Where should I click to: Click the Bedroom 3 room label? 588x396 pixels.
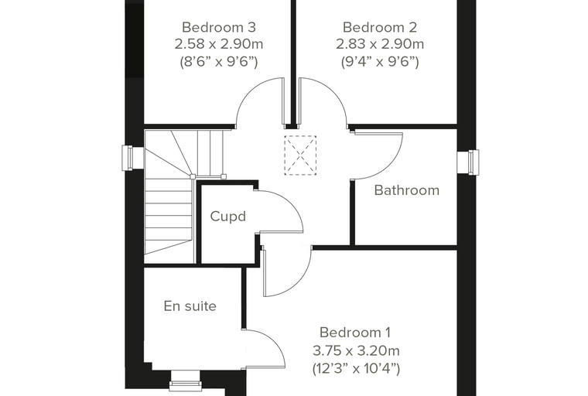[219, 27]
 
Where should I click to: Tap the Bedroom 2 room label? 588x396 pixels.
[380, 27]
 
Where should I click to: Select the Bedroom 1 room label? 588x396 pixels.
[355, 333]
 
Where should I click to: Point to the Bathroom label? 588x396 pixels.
[407, 190]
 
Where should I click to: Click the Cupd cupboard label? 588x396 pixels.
[228, 217]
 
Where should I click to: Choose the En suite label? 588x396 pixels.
[190, 306]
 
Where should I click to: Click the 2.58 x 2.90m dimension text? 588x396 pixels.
[219, 44]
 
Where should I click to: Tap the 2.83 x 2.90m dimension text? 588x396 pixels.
[380, 44]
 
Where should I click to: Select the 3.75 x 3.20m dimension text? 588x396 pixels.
[356, 351]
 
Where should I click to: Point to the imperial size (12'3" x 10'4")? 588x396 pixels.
[356, 369]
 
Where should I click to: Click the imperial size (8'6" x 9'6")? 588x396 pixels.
[219, 62]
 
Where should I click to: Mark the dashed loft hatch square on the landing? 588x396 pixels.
[300, 155]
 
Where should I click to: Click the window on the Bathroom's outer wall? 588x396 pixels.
[468, 162]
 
